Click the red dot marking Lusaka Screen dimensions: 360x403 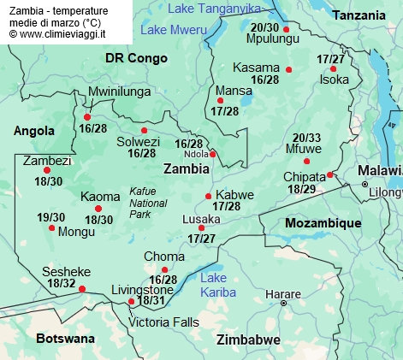pyautogui.click(x=201, y=227)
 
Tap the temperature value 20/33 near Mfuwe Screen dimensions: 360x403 pyautogui.click(x=306, y=138)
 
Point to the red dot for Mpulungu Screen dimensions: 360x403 pyautogui.click(x=286, y=29)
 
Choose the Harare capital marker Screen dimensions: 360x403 pyautogui.click(x=284, y=303)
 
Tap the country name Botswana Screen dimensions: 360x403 pyautogui.click(x=65, y=339)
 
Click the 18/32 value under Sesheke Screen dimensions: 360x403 pyautogui.click(x=62, y=283)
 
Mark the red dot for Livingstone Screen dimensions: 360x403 pyautogui.click(x=131, y=302)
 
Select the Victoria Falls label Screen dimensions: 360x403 pyautogui.click(x=163, y=322)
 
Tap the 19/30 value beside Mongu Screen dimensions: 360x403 pyautogui.click(x=51, y=217)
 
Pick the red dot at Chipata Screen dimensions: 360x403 pyautogui.click(x=330, y=174)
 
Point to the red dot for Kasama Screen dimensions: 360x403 pyautogui.click(x=289, y=69)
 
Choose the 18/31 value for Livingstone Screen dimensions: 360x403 pyautogui.click(x=151, y=300)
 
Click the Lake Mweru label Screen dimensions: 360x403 pyautogui.click(x=175, y=30)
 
